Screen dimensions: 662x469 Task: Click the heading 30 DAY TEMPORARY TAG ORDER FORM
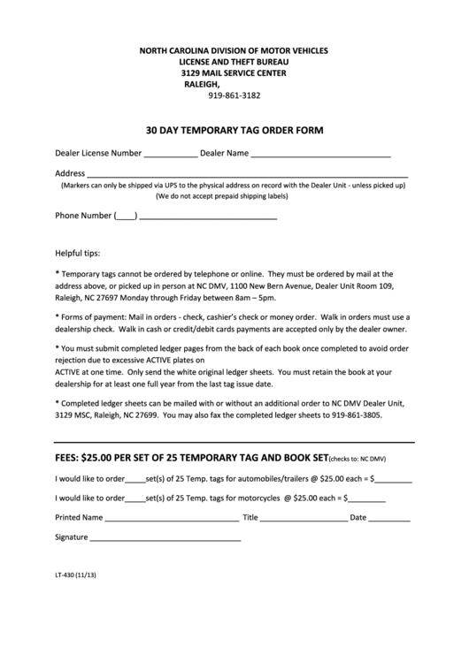pyautogui.click(x=234, y=129)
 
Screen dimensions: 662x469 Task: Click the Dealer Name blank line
pyautogui.click(x=320, y=156)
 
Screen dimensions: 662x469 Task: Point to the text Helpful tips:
pyautogui.click(x=78, y=252)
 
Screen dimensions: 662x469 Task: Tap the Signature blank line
pyautogui.click(x=165, y=539)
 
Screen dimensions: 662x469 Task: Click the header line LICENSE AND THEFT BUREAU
pyautogui.click(x=234, y=63)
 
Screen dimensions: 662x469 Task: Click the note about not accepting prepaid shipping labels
pyautogui.click(x=233, y=196)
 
